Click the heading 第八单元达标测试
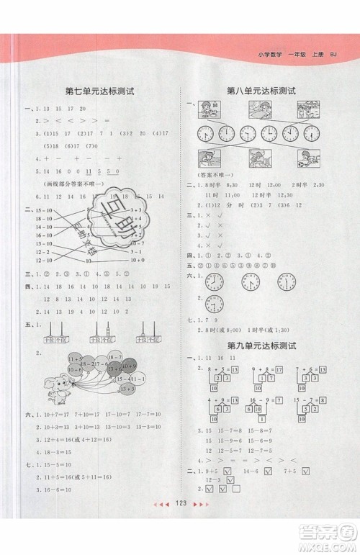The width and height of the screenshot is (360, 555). (x=261, y=91)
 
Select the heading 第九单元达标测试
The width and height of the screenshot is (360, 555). (x=261, y=346)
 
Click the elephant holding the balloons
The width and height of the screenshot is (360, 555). (x=55, y=381)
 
